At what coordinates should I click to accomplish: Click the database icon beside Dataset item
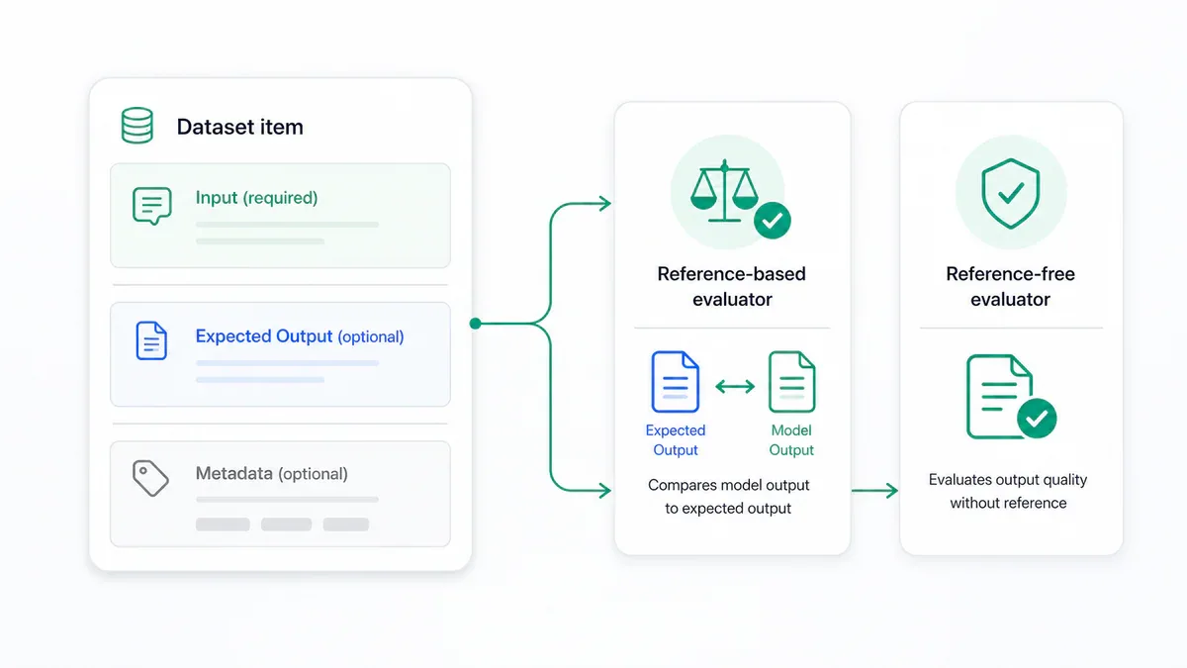[137, 126]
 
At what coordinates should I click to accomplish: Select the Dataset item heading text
[240, 128]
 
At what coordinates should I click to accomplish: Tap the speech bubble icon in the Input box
[152, 206]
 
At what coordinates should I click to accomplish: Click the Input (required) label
[256, 198]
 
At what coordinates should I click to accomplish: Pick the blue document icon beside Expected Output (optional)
[151, 340]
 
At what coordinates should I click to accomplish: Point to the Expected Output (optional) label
[300, 336]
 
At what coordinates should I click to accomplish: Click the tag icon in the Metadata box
[150, 478]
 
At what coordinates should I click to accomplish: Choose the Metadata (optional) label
[271, 473]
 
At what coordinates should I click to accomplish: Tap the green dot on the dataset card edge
[476, 324]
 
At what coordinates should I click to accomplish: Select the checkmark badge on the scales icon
[773, 221]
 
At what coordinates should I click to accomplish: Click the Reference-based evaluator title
[732, 287]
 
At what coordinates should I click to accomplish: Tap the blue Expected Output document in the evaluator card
[675, 382]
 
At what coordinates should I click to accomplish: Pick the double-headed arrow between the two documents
[735, 386]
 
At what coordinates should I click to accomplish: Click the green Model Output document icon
[791, 382]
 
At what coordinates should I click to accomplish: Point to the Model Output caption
[791, 440]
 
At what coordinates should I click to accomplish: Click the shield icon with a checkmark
[1011, 194]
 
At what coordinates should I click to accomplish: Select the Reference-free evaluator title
[1011, 287]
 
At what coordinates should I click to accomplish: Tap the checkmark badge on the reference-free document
[1037, 419]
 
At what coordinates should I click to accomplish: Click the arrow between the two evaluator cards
[874, 491]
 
